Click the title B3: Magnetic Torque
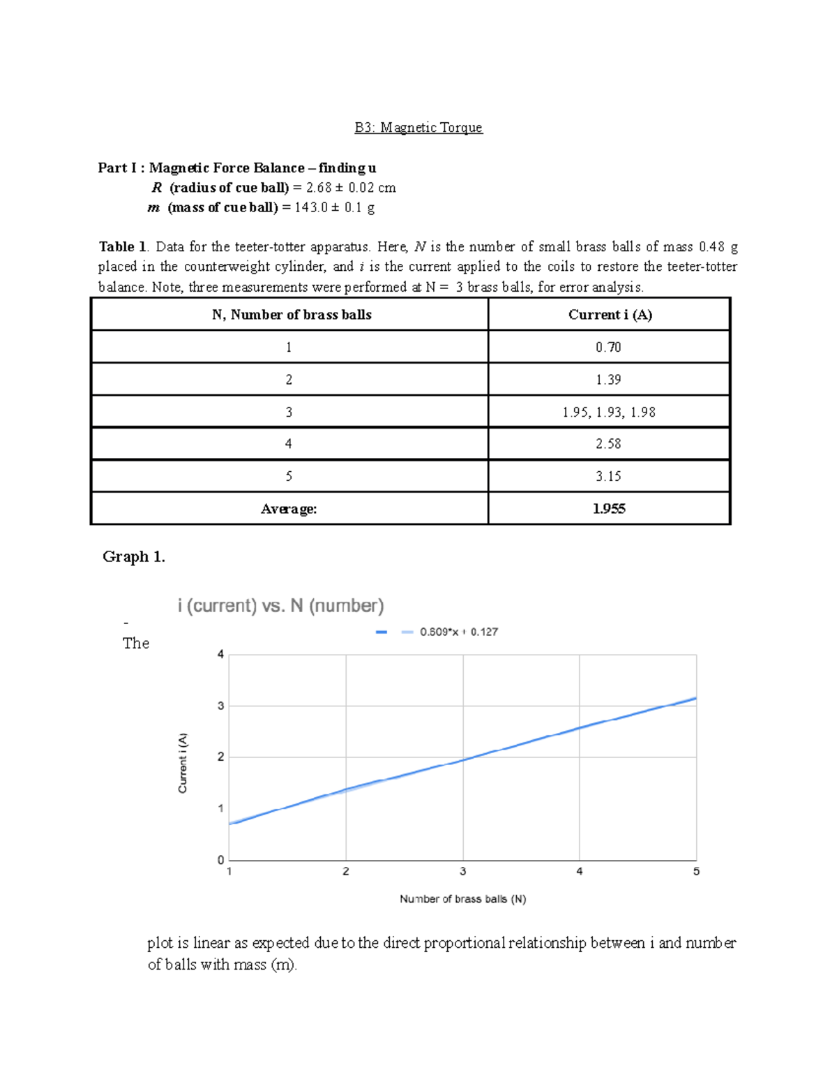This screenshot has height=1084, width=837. (418, 128)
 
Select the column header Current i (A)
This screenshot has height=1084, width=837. (610, 315)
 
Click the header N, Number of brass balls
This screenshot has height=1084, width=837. (292, 315)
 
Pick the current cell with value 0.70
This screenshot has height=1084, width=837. (608, 347)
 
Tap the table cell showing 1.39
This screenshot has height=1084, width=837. (608, 380)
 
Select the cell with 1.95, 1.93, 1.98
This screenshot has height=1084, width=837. (608, 412)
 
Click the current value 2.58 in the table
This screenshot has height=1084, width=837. (608, 444)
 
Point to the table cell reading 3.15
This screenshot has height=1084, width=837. (608, 476)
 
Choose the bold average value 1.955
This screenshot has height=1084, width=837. (608, 509)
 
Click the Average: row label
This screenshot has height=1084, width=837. (289, 509)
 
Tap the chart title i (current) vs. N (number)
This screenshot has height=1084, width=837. (280, 606)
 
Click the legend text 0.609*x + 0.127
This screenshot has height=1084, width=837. (458, 632)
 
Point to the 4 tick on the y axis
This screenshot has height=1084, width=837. (220, 655)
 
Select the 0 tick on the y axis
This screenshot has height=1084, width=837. (220, 860)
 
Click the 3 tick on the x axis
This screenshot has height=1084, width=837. (462, 872)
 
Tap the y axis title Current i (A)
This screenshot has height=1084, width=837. (183, 762)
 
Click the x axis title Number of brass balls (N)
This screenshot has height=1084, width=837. (462, 899)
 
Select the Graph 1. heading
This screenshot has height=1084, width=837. (133, 556)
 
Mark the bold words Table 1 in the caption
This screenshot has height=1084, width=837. (123, 246)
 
